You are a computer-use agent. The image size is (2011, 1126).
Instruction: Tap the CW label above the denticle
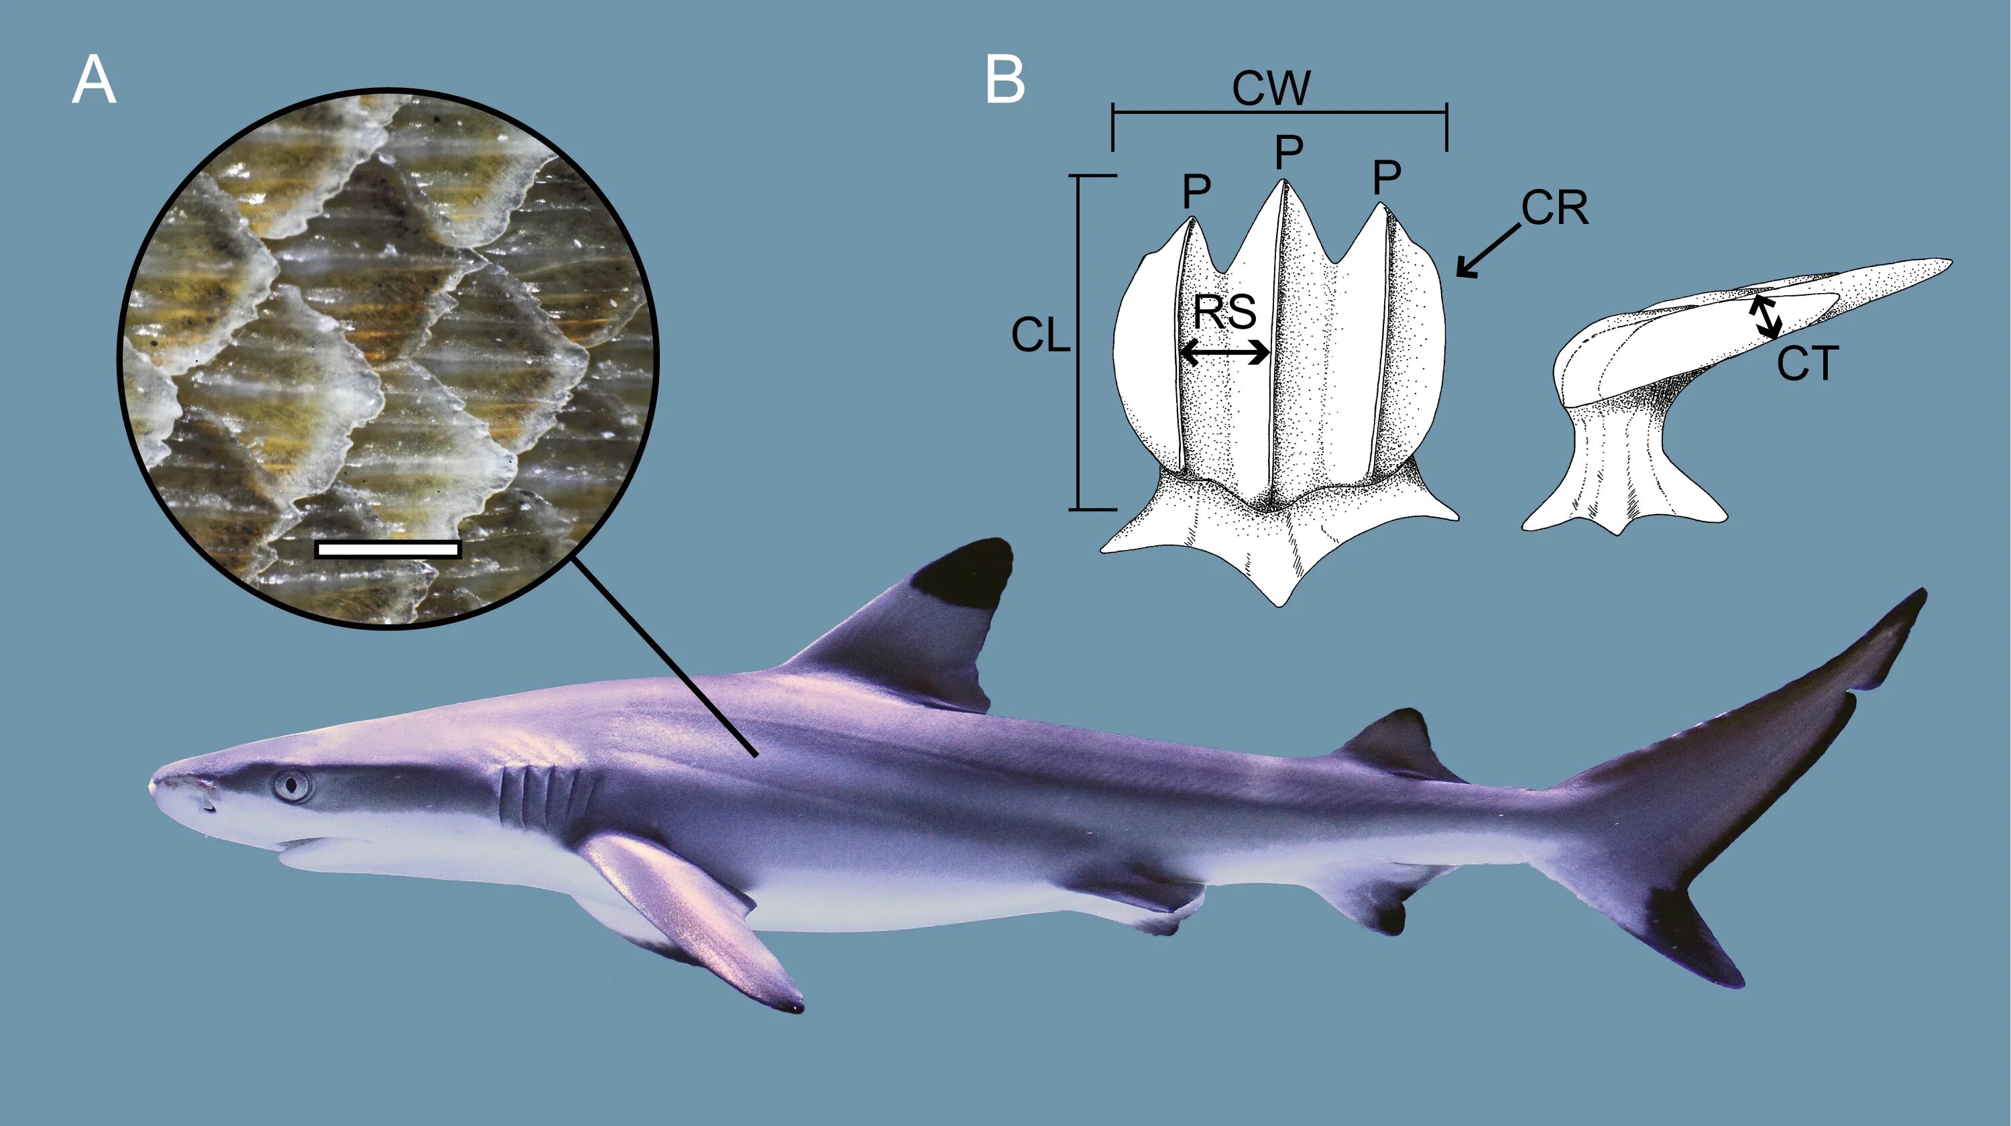tap(1271, 89)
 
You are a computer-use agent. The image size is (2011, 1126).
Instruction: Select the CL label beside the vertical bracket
tap(1040, 337)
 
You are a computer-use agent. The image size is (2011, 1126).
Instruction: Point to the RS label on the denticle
tap(1224, 313)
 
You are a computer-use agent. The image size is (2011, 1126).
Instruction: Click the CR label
tap(1554, 209)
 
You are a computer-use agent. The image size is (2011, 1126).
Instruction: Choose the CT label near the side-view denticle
tap(1808, 364)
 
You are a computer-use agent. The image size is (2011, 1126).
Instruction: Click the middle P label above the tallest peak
tap(1288, 153)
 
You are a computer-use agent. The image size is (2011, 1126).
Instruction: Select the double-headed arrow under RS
tap(1224, 353)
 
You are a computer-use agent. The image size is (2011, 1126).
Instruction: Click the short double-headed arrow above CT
tap(1764, 317)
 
